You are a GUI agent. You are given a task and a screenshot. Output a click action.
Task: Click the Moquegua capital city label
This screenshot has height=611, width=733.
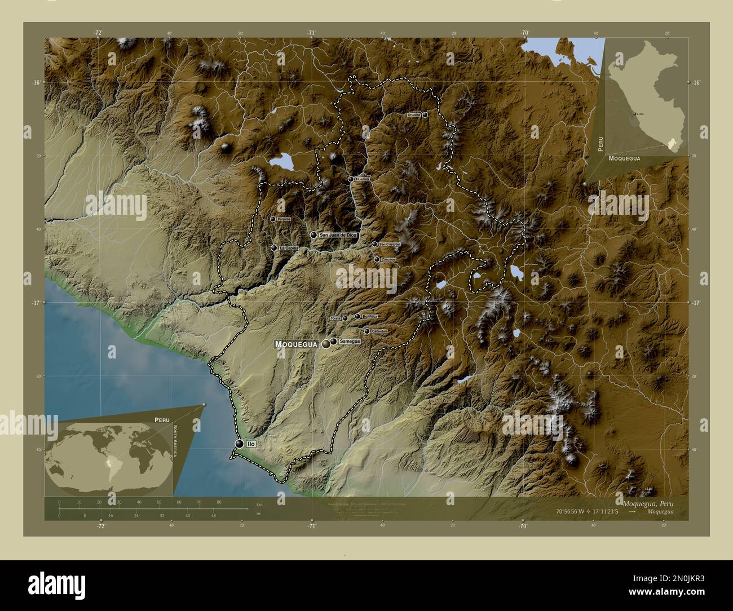(296, 344)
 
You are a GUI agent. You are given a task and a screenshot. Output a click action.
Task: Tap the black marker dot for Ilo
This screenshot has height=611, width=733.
(240, 444)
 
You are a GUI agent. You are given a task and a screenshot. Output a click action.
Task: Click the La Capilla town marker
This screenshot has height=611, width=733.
(274, 248)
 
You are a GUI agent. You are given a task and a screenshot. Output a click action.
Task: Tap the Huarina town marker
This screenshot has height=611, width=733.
(351, 179)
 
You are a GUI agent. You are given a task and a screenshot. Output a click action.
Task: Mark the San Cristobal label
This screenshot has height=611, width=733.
(390, 244)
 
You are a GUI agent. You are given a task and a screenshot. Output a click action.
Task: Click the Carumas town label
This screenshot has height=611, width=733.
(388, 259)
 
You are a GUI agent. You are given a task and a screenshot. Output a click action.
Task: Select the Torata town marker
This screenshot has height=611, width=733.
(345, 318)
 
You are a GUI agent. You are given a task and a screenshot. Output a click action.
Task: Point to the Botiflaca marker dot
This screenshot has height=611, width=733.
(357, 316)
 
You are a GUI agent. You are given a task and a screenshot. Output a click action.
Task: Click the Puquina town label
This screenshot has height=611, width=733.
(284, 219)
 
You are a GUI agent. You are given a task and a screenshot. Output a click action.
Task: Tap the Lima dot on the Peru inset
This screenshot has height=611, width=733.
(635, 113)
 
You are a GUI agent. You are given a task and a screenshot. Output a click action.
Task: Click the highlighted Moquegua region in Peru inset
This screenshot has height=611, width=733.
(671, 144)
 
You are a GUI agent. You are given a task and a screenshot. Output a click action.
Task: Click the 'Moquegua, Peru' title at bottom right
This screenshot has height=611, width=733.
(648, 503)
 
